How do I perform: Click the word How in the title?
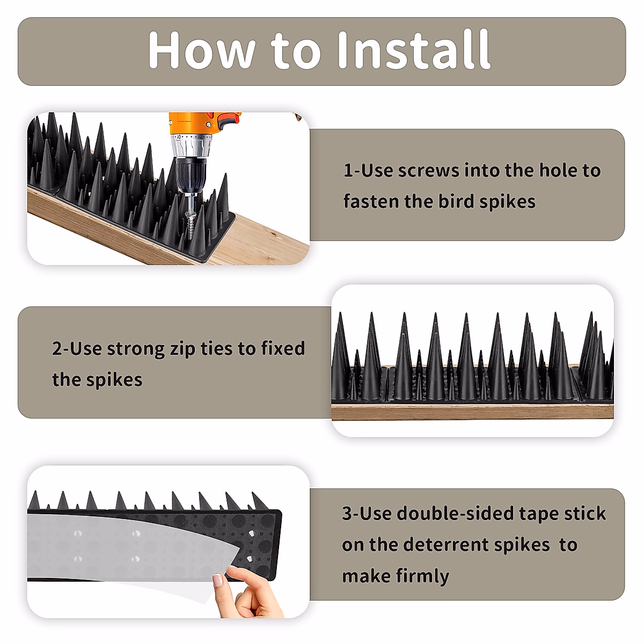tap(201, 50)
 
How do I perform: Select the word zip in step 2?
tap(182, 349)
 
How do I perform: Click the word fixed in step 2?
tap(283, 349)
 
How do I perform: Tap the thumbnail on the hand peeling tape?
tap(218, 580)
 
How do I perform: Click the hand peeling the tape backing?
tap(252, 596)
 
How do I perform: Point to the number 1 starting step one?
tap(348, 171)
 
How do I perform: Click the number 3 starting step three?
tap(347, 514)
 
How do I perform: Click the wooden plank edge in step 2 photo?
tap(472, 412)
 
